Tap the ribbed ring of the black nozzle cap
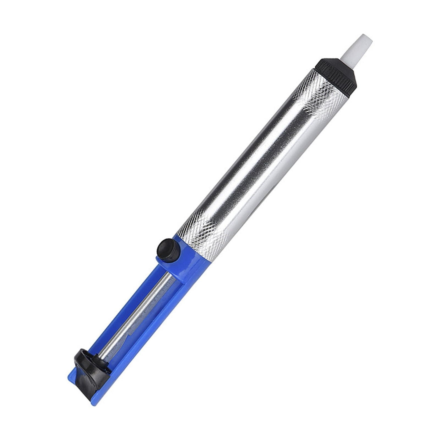point(334,67)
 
